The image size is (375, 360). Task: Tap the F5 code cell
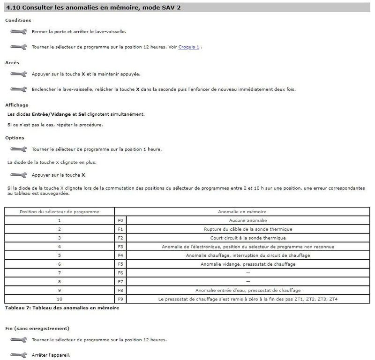[x=120, y=264]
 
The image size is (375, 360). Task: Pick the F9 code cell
[x=120, y=299]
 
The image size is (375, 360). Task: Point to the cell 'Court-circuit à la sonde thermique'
[x=248, y=238]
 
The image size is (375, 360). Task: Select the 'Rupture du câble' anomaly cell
[x=248, y=229]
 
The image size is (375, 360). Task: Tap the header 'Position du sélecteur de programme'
[x=60, y=211]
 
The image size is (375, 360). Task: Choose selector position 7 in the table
[x=60, y=273]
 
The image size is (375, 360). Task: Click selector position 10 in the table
[x=60, y=299]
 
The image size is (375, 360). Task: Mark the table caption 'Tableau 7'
[x=62, y=308]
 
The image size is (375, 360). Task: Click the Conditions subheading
[x=18, y=21]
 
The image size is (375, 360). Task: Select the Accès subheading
[x=12, y=62]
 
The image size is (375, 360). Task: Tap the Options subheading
[x=15, y=138]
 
